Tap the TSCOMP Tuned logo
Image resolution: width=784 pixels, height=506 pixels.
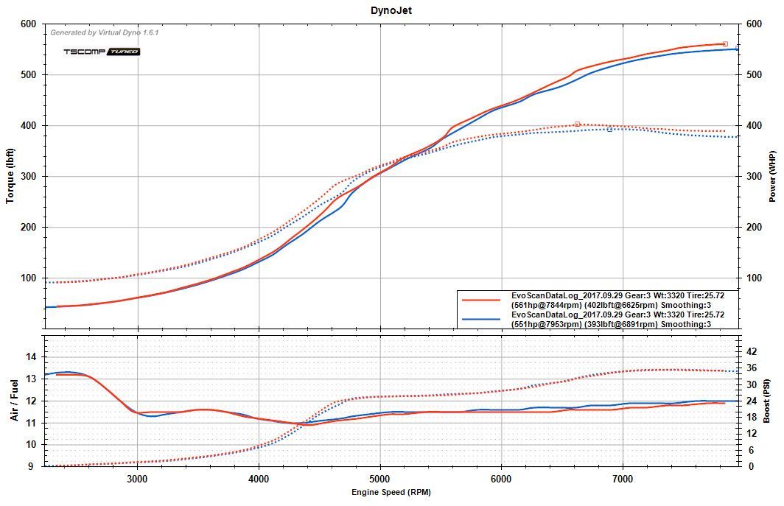coord(102,52)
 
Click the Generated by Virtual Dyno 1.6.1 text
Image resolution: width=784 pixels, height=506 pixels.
coord(104,32)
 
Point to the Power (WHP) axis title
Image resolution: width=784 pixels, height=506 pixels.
coord(772,177)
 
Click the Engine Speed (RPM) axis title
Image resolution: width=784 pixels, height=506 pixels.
coord(391,492)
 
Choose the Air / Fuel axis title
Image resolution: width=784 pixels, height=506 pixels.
coord(14,401)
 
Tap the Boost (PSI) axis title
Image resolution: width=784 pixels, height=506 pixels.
coord(767,401)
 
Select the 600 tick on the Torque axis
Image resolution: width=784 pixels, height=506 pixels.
coord(29,24)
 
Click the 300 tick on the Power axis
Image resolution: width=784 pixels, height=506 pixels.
coord(754,176)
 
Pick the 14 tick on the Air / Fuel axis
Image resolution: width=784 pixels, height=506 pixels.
coord(31,356)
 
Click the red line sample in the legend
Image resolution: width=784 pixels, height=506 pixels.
coord(483,300)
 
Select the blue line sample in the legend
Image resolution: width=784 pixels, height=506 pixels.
coord(483,319)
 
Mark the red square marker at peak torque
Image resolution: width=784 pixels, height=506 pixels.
coord(577,124)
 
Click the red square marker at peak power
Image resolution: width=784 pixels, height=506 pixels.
coord(725,44)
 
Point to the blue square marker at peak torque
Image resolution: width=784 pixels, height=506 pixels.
coord(609,129)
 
